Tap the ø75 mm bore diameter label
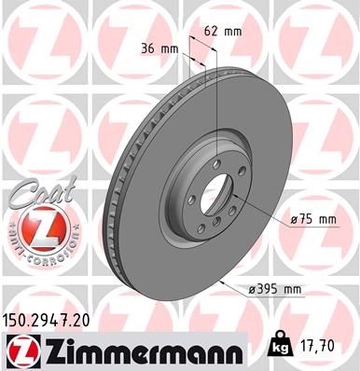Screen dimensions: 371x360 [312, 219]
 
